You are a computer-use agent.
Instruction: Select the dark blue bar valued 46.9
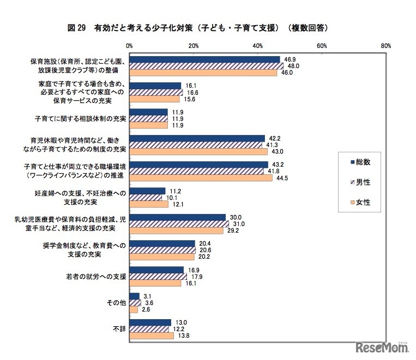click(204, 59)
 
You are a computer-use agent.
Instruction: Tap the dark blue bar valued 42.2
click(197, 138)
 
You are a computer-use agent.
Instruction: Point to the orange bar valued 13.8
click(151, 335)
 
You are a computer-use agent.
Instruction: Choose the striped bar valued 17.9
click(158, 277)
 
